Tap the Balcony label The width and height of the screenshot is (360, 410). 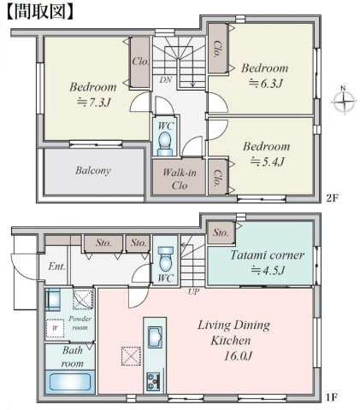pos(92,170)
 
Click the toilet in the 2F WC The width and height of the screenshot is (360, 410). pos(166,140)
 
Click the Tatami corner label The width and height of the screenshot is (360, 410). pos(260,255)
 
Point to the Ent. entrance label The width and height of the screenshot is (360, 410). pos(56,266)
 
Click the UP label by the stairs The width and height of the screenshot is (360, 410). pos(193,291)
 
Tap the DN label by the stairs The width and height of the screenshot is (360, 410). pos(164,79)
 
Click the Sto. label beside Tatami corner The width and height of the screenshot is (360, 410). pos(220,232)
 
